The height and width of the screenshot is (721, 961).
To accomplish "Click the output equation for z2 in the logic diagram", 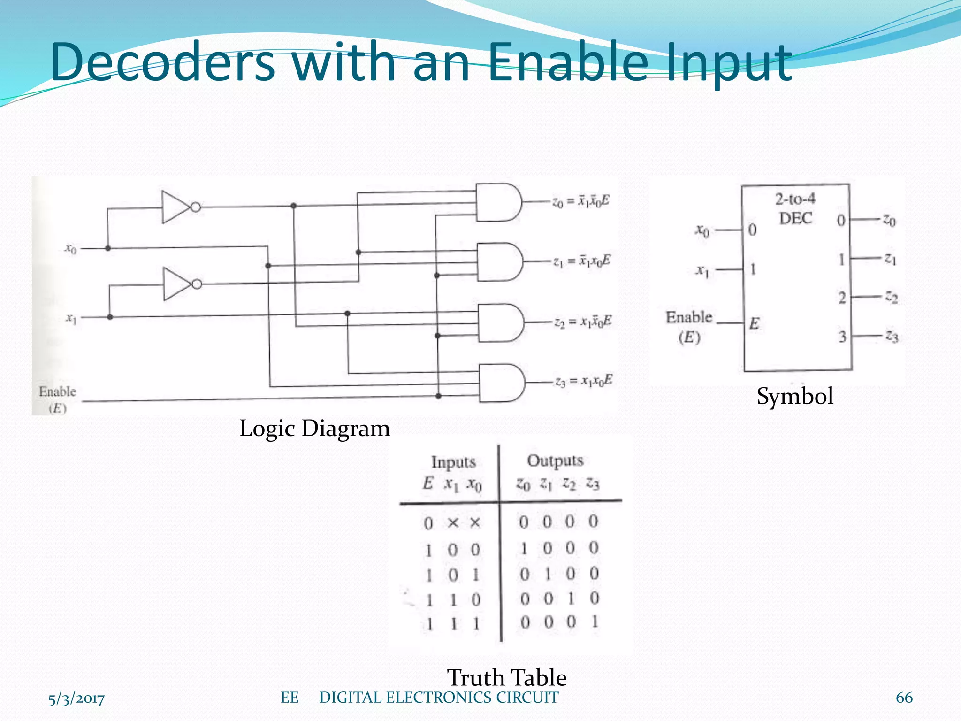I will tap(583, 322).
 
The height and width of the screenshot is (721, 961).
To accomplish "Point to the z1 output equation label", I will tap(582, 261).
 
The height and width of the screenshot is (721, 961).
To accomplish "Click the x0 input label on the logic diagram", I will tap(70, 248).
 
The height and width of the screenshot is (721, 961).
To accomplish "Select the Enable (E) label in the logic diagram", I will tap(57, 399).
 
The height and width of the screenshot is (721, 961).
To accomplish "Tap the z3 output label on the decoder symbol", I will tap(892, 336).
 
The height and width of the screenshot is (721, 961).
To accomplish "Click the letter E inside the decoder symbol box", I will tap(754, 323).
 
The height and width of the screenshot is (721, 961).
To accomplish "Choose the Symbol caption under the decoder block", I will tap(795, 396).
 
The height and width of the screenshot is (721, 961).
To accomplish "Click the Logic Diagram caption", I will tap(314, 428).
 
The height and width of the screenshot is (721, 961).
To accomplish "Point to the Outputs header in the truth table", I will tap(555, 460).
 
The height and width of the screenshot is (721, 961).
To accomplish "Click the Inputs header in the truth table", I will tap(453, 462).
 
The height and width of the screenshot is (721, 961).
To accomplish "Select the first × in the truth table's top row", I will tap(453, 522).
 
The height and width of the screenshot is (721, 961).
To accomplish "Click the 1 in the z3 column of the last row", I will tap(595, 622).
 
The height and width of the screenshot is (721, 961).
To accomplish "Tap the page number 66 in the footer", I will tap(904, 698).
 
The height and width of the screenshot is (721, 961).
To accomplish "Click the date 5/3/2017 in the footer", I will tap(76, 699).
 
